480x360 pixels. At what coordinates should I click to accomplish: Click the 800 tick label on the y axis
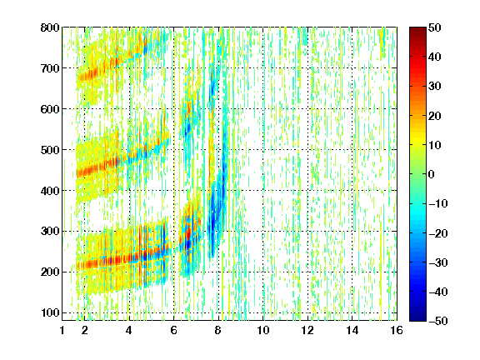coord(50,27)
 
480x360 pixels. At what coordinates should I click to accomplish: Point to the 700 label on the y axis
coord(50,68)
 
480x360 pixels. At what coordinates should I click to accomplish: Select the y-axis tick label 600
coord(50,109)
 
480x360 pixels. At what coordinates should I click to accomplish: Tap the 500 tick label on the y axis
coord(50,150)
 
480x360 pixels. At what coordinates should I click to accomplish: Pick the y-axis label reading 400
coord(50,191)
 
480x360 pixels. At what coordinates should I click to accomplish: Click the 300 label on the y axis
coord(50,232)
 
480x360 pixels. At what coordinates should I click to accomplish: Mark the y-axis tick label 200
coord(50,272)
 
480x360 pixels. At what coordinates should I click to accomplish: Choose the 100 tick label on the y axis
coord(50,312)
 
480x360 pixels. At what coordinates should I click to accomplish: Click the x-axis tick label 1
coord(62,330)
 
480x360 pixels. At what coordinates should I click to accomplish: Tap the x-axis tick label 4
coord(129,330)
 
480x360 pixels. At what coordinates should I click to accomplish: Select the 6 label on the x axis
coord(173,330)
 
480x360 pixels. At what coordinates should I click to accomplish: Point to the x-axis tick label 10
coord(263,330)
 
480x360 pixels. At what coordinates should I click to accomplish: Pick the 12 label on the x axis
coord(307,330)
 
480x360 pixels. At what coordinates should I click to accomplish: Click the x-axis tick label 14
coord(352,330)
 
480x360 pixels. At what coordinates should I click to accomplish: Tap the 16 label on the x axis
coord(397,330)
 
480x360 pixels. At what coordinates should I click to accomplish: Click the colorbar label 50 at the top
coord(435,27)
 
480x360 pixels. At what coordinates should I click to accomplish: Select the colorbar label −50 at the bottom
coord(438,321)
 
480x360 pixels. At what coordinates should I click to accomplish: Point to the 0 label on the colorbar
coord(432,174)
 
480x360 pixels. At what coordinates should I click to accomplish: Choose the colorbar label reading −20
coord(438,233)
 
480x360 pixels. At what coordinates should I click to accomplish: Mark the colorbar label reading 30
coord(435,87)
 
